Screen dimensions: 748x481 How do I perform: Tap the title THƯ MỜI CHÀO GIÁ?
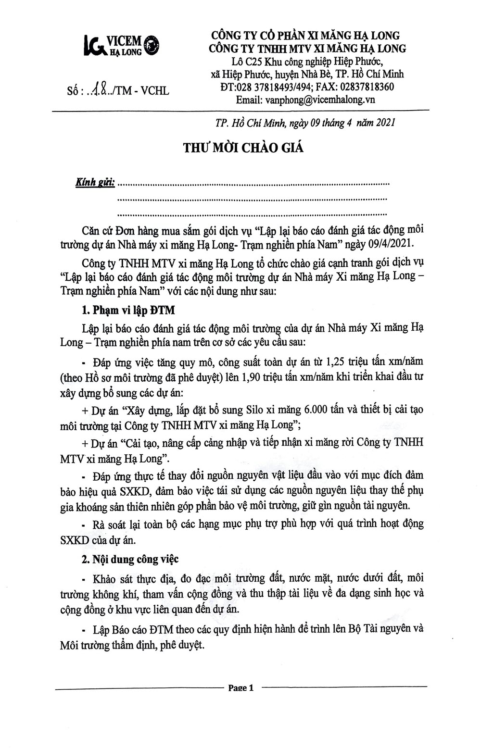[x=243, y=147]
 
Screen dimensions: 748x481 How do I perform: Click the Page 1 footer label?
[x=240, y=688]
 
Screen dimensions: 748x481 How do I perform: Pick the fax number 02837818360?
[x=366, y=87]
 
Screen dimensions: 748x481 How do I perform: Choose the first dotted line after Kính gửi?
[x=253, y=184]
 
